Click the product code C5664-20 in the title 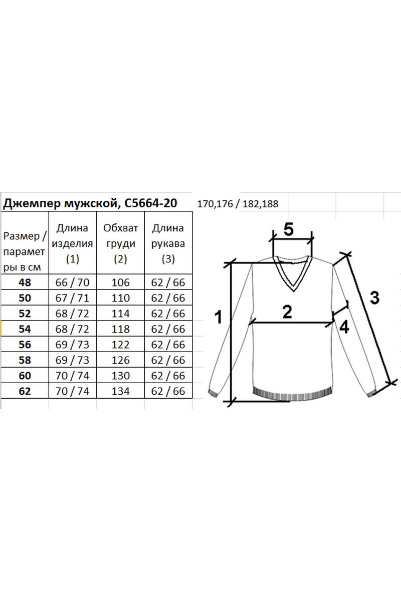[151, 203]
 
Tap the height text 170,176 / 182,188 [238, 204]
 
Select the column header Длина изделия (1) [73, 243]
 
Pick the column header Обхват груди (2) [120, 243]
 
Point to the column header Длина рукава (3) [168, 243]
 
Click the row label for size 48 [25, 282]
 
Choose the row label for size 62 [25, 391]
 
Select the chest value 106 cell [121, 282]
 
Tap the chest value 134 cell [121, 391]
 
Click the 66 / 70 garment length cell [73, 282]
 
